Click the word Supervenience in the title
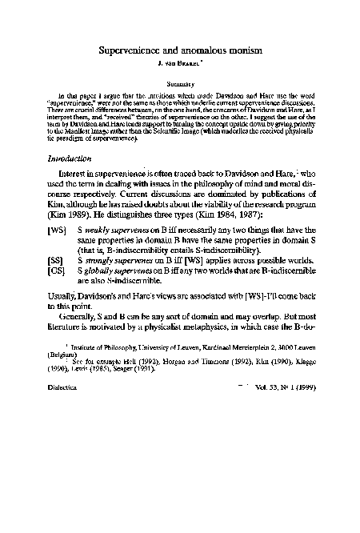[x=140, y=50]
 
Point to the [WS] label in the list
[x=58, y=250]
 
